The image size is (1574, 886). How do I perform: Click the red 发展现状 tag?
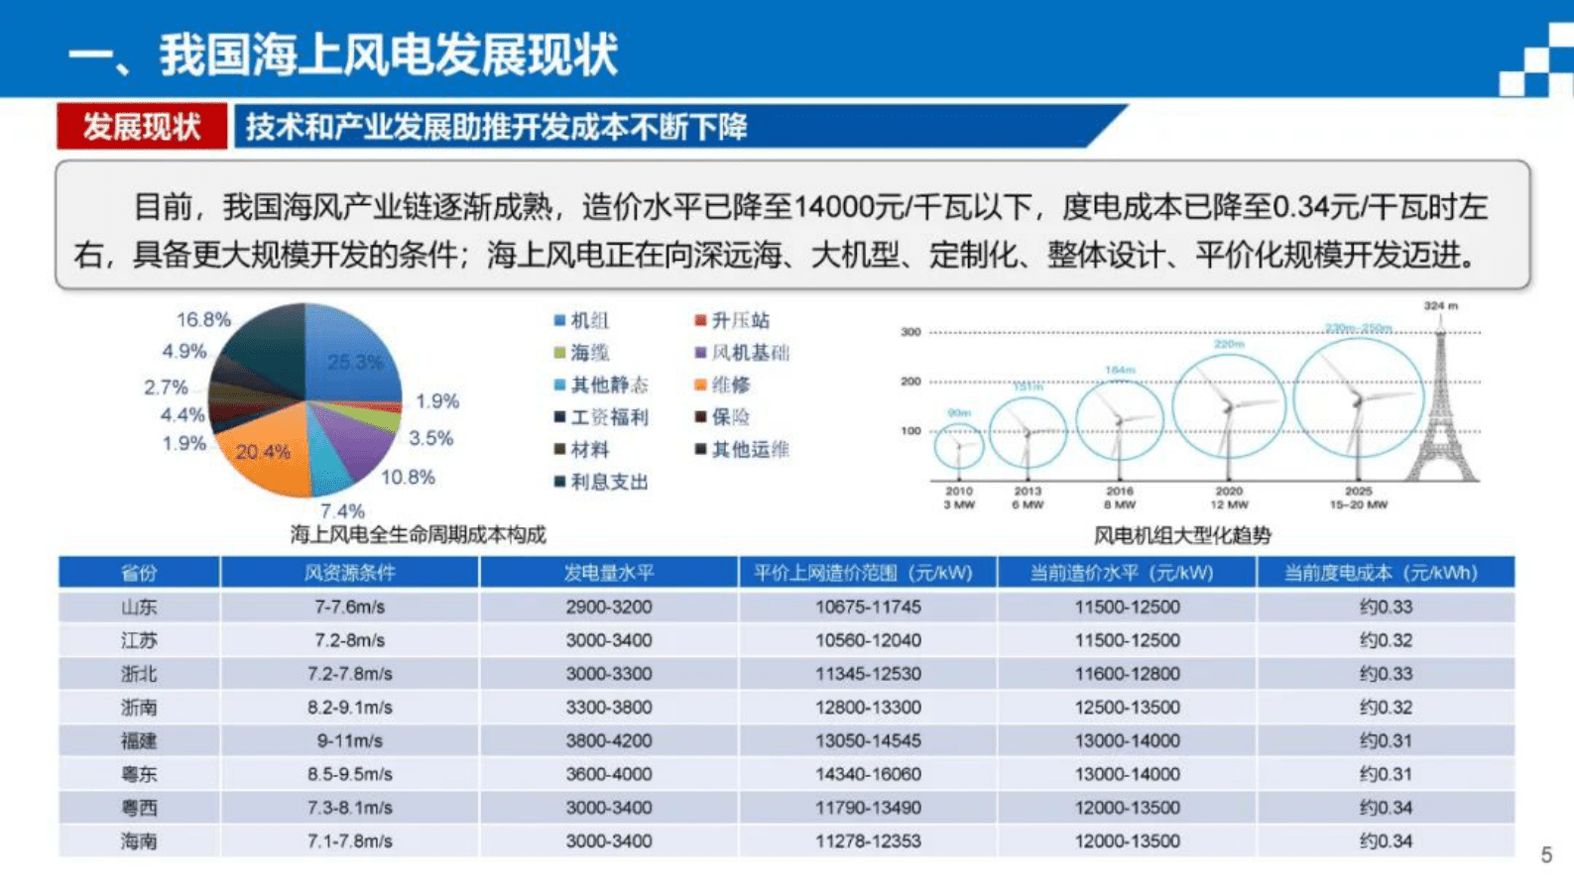[x=142, y=127]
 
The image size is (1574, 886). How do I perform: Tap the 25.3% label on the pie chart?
[x=354, y=363]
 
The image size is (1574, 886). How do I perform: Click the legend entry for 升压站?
[x=732, y=320]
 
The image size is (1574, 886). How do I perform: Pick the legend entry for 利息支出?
[x=601, y=482]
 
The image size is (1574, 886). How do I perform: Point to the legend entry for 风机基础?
[x=742, y=353]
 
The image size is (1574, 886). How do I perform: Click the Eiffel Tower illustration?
[x=1441, y=406]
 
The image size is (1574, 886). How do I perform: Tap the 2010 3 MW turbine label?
[x=959, y=498]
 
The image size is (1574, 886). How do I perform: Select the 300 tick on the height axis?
[x=910, y=332]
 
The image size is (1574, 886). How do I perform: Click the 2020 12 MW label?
[x=1229, y=498]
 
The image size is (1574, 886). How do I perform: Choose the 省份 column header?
[x=139, y=573]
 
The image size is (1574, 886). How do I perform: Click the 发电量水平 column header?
[x=609, y=573]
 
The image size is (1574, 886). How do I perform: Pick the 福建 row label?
[x=139, y=740]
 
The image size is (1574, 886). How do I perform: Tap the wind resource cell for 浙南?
[x=349, y=708]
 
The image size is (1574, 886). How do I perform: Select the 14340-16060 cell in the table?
[x=868, y=774]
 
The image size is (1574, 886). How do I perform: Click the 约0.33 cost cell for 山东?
[x=1386, y=607]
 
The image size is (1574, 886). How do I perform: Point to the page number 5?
[x=1546, y=855]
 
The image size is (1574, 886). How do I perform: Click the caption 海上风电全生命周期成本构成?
[x=418, y=535]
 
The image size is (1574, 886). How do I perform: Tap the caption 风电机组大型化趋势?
[x=1182, y=536]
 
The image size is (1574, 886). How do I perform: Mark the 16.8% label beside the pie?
[x=203, y=320]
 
